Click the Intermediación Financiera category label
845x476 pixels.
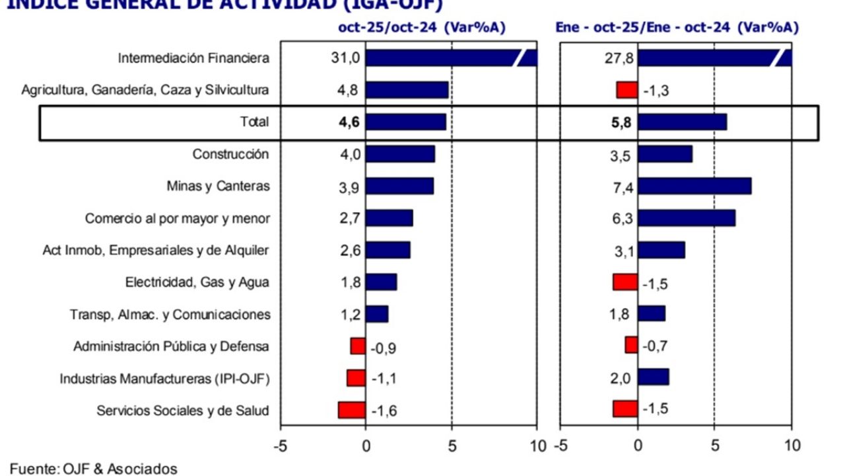193,58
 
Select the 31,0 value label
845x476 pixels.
345,58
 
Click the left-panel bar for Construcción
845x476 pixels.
400,154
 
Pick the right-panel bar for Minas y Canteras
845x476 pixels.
694,186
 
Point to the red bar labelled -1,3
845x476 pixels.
626,90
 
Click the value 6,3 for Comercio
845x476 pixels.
623,218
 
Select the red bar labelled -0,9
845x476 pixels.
358,346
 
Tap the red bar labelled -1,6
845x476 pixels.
352,410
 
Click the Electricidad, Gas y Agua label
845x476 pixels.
197,282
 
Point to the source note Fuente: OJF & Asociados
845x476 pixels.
94,469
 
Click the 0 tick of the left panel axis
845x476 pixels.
366,445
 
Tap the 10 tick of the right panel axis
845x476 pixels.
792,445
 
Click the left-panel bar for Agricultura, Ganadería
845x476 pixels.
407,90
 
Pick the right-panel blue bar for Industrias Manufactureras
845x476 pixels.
653,377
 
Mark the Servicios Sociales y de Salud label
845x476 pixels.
183,410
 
